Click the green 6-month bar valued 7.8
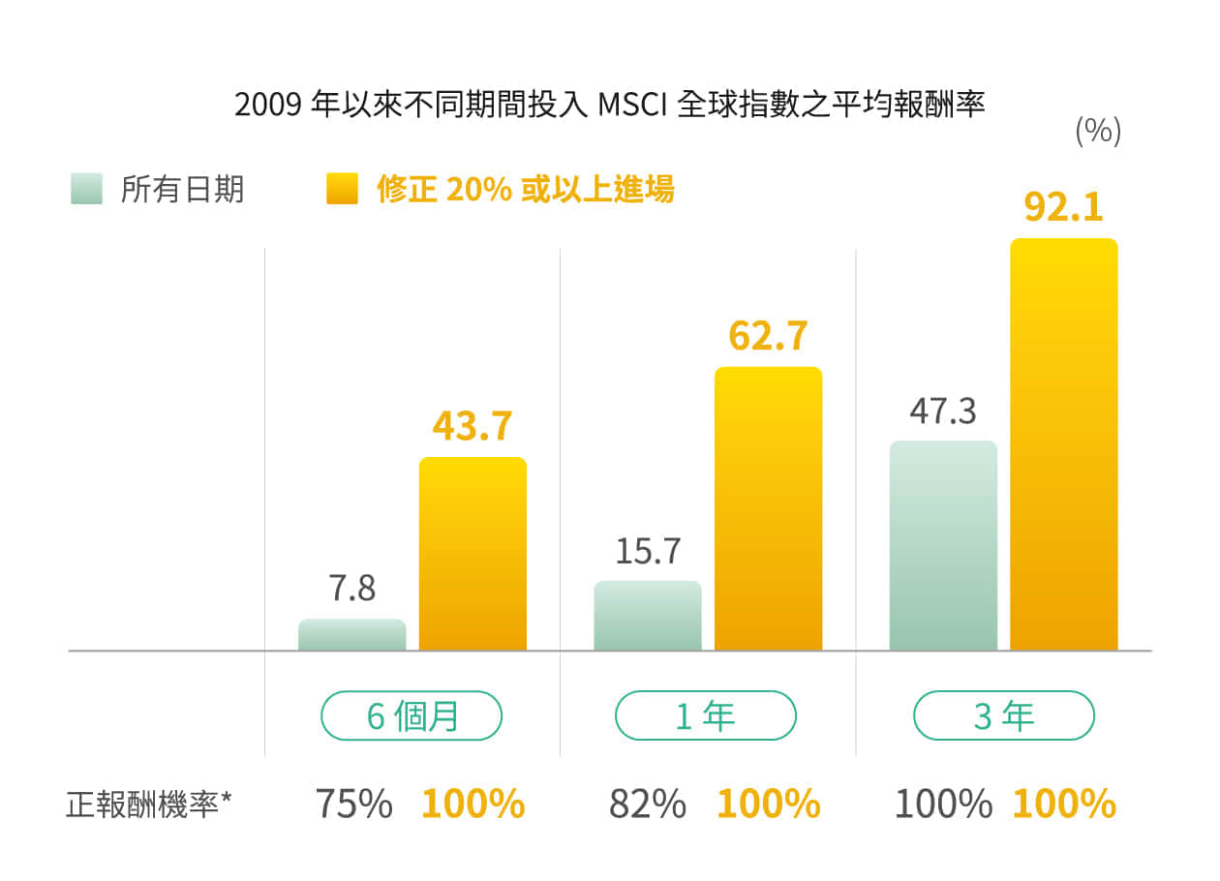[351, 635]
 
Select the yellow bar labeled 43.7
[473, 554]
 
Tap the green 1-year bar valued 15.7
[647, 616]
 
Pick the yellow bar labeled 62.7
[768, 508]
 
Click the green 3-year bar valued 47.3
[943, 545]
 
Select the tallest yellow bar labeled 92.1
[1063, 444]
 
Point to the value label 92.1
[1063, 207]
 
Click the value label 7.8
[351, 588]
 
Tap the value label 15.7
[648, 551]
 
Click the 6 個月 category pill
[412, 716]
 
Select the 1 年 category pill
[706, 716]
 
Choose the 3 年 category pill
[1003, 716]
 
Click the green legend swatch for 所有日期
[86, 189]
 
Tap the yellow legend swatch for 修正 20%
[342, 189]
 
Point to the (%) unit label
[1098, 131]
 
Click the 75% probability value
[353, 804]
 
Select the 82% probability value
[648, 804]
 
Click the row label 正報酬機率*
[150, 804]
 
